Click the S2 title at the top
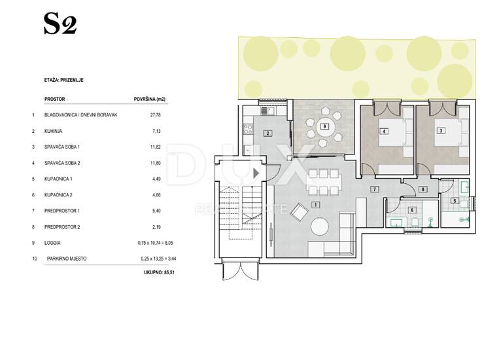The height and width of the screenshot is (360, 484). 60,24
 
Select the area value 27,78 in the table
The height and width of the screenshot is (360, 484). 155,115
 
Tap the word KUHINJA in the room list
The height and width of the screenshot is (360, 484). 54,131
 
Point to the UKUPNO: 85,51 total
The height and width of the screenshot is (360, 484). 159,272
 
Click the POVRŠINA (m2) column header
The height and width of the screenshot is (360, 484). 149,99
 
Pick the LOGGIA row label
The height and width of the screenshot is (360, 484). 52,243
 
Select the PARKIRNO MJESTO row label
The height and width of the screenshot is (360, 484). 67,259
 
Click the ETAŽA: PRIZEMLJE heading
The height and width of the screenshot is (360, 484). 64,80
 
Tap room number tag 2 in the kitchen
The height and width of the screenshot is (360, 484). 268,134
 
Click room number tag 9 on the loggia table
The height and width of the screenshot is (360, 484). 324,126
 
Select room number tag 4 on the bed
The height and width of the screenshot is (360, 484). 384,132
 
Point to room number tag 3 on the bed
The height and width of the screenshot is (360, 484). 440,131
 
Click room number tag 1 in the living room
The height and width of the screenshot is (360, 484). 315,205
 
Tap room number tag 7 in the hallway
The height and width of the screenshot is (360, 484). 375,189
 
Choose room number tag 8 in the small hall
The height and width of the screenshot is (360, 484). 423,189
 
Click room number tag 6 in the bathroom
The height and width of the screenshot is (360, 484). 412,210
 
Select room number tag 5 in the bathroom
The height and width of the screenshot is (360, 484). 455,201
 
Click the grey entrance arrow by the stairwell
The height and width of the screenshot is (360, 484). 256,173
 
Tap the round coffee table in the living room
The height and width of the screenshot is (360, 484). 320,227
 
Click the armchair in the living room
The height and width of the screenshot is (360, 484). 300,212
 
